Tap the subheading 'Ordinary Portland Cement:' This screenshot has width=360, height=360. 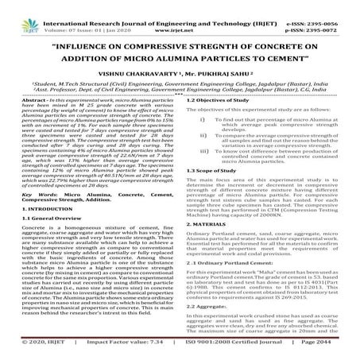(x=227, y=284)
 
